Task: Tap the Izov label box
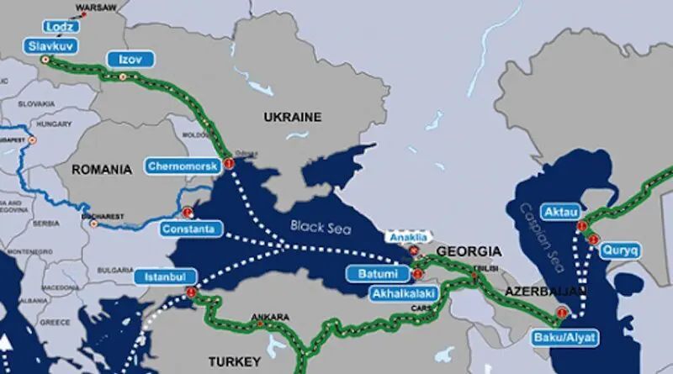[x=126, y=59]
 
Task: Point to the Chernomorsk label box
[x=183, y=166]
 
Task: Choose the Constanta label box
[x=193, y=229]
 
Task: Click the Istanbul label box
[x=165, y=276]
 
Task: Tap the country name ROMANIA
[x=102, y=170]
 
